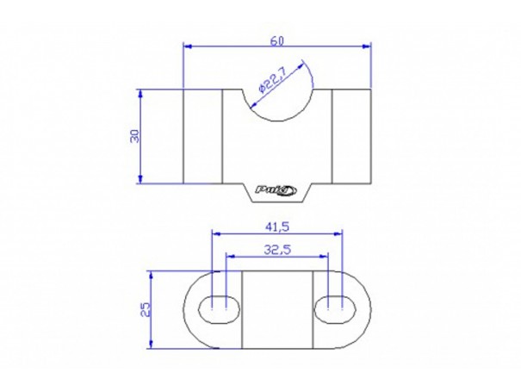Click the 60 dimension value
[x=276, y=41]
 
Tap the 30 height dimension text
[x=135, y=136]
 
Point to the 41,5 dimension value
[x=277, y=227]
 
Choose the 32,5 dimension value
[x=277, y=250]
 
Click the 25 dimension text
[x=146, y=309]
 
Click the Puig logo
[x=276, y=190]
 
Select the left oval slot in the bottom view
[x=219, y=309]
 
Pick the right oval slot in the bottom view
[x=335, y=309]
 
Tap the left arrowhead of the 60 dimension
[x=188, y=47]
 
